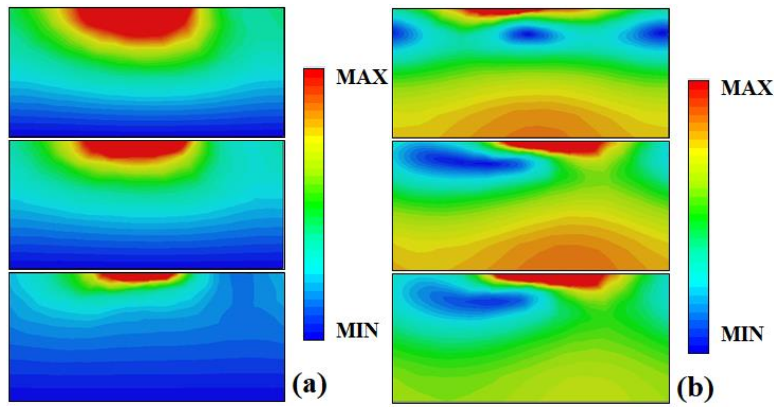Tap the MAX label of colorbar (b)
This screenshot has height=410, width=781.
tap(746, 88)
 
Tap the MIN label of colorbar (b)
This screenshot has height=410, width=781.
tap(742, 335)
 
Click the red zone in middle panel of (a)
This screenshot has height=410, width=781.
tap(135, 150)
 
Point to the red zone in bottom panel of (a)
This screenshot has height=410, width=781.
tap(136, 277)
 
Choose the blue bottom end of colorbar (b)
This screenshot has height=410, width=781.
tap(698, 349)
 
